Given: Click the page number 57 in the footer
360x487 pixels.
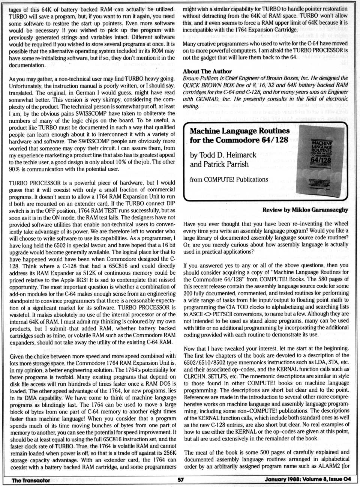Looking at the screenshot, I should [x=180, y=479].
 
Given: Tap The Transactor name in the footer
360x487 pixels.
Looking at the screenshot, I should [x=31, y=480].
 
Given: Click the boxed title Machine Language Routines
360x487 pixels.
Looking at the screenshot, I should [x=239, y=131].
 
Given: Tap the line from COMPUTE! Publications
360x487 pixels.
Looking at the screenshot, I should [x=229, y=179].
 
